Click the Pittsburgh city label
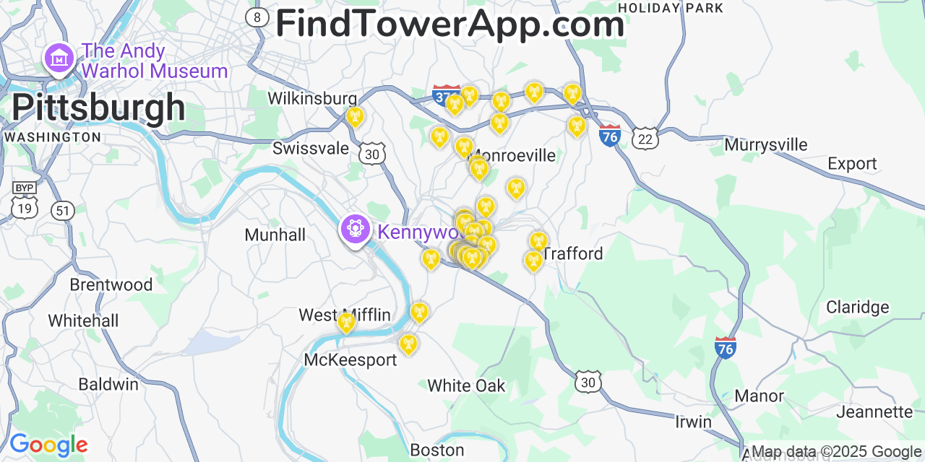click(98, 108)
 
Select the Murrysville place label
click(765, 144)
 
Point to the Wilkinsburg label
click(312, 98)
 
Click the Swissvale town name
click(311, 149)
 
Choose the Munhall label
click(275, 235)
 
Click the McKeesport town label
click(350, 359)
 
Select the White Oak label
click(466, 385)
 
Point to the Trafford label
click(572, 253)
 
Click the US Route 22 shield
click(644, 139)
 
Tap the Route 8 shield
click(257, 17)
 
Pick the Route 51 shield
click(63, 210)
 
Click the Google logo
click(48, 445)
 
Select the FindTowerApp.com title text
click(449, 24)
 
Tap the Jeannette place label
click(874, 411)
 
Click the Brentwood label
click(111, 284)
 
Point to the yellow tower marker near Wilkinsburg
click(354, 115)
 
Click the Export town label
click(852, 164)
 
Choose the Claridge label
click(857, 307)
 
